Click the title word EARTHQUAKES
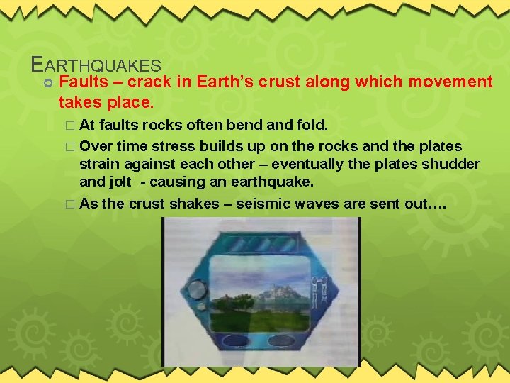click(97, 65)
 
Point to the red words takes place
click(106, 102)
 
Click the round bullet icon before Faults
click(47, 84)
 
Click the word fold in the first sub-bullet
click(310, 126)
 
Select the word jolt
click(118, 182)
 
